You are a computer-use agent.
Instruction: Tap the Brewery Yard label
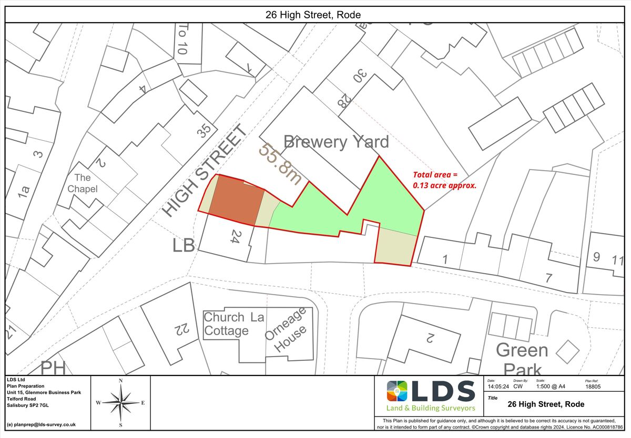(x=336, y=142)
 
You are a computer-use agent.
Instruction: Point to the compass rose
(x=120, y=402)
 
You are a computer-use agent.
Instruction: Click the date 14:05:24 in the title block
(x=498, y=387)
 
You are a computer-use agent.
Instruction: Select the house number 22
(x=180, y=329)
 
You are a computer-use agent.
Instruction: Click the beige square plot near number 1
(x=396, y=247)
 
